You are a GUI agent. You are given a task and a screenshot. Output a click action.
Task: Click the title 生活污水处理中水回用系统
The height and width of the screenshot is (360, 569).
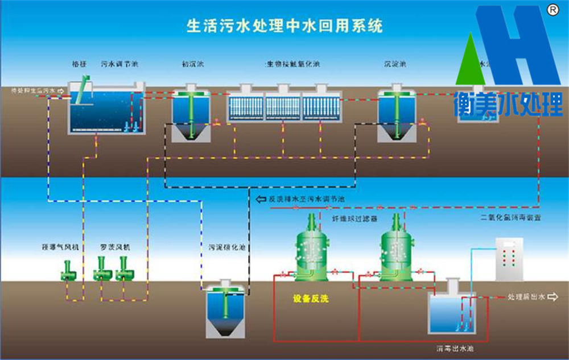(284, 26)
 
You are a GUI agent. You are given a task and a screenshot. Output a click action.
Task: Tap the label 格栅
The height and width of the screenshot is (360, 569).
(79, 64)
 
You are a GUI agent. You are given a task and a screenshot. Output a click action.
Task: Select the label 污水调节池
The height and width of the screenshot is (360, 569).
(119, 64)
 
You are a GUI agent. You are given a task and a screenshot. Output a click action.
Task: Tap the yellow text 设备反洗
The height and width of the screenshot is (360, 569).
(311, 298)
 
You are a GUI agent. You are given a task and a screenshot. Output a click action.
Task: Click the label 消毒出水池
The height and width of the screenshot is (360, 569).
(453, 347)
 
